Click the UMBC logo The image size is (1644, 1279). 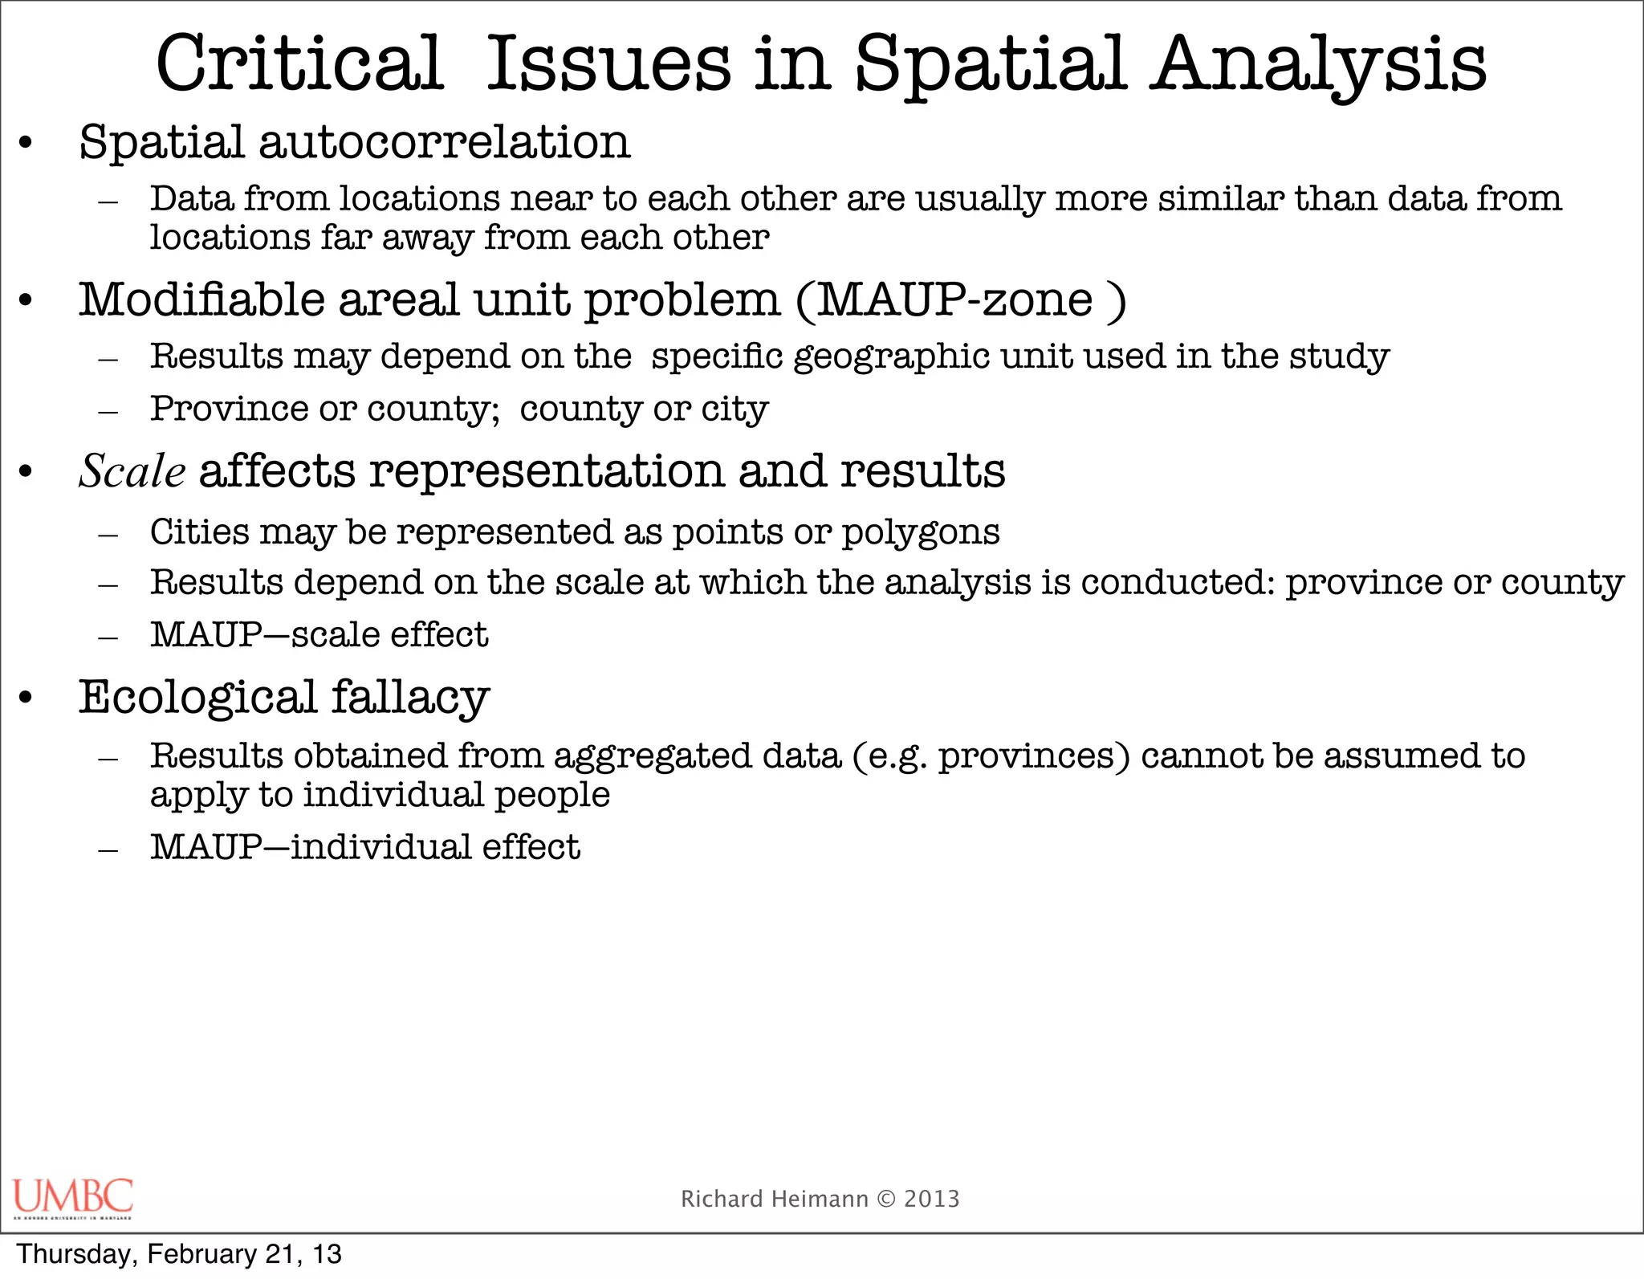(73, 1198)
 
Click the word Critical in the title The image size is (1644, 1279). (299, 64)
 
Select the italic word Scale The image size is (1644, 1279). (132, 471)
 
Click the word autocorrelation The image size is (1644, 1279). (444, 142)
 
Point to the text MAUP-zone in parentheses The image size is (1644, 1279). (954, 300)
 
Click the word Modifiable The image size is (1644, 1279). (201, 300)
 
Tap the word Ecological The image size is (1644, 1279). (197, 697)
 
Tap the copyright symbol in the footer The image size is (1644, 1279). (886, 1199)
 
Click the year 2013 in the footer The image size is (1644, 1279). (932, 1199)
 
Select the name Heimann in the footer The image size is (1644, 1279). (820, 1199)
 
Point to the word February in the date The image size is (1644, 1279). (201, 1254)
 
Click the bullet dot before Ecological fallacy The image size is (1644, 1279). (26, 698)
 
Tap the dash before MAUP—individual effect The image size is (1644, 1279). (108, 850)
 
